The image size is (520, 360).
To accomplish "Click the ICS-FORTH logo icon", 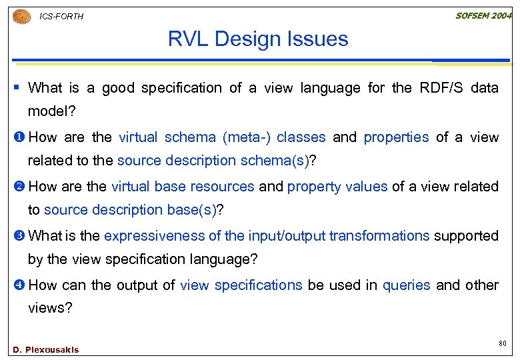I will click(21, 16).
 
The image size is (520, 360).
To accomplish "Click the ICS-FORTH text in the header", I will click(61, 17).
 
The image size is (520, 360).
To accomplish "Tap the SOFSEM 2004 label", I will click(483, 15).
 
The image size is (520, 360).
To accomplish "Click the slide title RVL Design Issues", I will click(258, 39).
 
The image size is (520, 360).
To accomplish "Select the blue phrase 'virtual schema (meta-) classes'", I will click(222, 137).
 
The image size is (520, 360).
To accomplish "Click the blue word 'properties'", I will click(396, 137).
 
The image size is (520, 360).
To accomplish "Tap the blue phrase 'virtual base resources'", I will click(183, 187).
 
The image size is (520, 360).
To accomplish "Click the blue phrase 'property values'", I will click(337, 187).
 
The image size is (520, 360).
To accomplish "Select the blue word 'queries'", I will click(406, 285).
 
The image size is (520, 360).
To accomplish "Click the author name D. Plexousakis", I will click(45, 350).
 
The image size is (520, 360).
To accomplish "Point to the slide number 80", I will click(502, 343).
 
